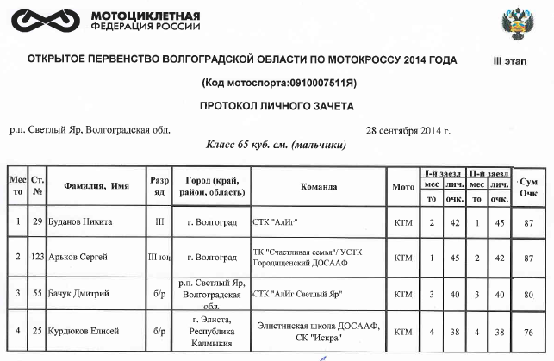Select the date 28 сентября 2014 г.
tap(408, 130)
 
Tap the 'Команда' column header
tap(318, 185)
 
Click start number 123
tap(37, 258)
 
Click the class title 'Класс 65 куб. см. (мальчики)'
tap(275, 146)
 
